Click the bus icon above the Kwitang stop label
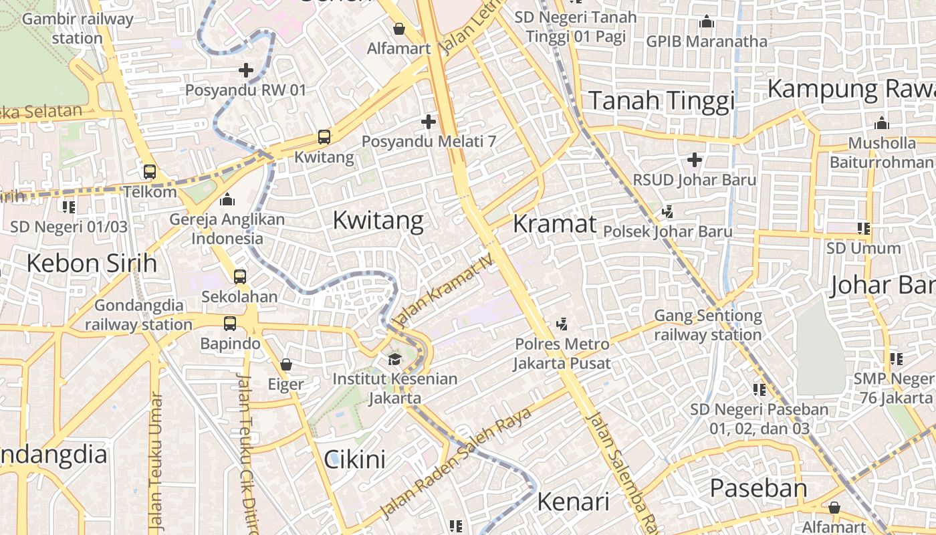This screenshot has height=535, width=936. click(x=324, y=137)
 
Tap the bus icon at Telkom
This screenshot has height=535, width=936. click(x=150, y=172)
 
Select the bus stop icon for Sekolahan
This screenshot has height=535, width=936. click(x=239, y=276)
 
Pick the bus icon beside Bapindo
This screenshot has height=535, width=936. click(x=230, y=324)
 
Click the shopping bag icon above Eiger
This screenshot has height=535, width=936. click(x=286, y=364)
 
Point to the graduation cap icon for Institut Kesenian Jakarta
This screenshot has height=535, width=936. click(x=394, y=359)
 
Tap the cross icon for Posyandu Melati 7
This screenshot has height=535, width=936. click(x=429, y=122)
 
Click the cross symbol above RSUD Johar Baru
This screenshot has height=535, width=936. click(x=695, y=160)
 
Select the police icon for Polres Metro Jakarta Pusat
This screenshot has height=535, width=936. click(x=562, y=324)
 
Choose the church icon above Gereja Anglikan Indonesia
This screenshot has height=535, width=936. click(x=227, y=199)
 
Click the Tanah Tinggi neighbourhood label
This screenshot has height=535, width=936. click(x=661, y=101)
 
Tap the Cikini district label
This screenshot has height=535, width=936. click(x=354, y=459)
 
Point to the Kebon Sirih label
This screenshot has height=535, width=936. click(x=92, y=263)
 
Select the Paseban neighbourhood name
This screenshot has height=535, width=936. click(x=758, y=488)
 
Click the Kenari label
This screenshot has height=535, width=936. click(x=573, y=501)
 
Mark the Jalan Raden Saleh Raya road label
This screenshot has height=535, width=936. click(x=456, y=461)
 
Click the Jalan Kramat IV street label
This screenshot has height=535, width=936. click(x=444, y=288)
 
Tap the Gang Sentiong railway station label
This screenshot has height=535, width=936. click(x=707, y=325)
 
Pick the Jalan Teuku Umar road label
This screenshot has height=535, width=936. click(x=156, y=461)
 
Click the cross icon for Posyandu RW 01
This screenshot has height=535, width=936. click(x=246, y=70)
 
